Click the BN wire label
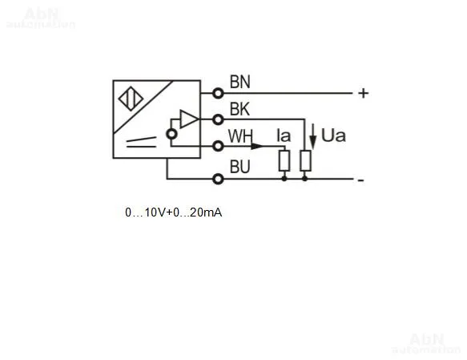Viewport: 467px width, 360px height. click(240, 82)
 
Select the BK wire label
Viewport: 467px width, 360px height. click(240, 109)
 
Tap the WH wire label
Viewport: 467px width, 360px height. click(240, 136)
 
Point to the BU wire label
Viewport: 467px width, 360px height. click(240, 167)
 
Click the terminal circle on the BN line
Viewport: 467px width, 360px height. click(218, 94)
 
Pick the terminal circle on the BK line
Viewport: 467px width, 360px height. click(218, 119)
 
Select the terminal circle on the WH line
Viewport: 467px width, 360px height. click(218, 146)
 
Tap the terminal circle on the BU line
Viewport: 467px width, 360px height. click(218, 179)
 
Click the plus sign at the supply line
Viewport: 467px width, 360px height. click(364, 94)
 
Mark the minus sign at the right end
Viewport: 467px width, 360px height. click(360, 180)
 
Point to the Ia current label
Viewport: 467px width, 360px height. click(284, 136)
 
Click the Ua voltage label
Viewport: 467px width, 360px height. click(333, 136)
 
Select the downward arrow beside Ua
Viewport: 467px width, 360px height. click(312, 136)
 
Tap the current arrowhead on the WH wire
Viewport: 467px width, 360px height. click(257, 146)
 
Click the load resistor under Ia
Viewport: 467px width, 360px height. click(284, 161)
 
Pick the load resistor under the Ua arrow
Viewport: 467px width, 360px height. click(305, 161)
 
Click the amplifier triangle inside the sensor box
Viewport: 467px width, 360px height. click(189, 119)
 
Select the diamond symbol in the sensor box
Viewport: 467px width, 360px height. click(131, 99)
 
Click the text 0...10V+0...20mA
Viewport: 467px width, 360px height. click(174, 212)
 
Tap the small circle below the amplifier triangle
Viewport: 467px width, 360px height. click(171, 134)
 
